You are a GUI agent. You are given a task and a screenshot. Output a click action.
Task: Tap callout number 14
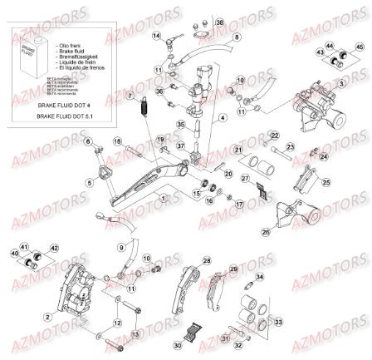tap(156, 37)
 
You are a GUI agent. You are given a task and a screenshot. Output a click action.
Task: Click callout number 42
tap(54, 248)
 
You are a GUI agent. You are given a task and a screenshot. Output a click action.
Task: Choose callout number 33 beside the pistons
tap(278, 321)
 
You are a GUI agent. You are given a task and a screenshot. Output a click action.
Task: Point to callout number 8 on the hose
tap(237, 37)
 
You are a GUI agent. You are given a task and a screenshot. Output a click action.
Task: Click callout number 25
tap(326, 181)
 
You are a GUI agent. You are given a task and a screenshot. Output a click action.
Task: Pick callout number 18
tap(117, 141)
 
